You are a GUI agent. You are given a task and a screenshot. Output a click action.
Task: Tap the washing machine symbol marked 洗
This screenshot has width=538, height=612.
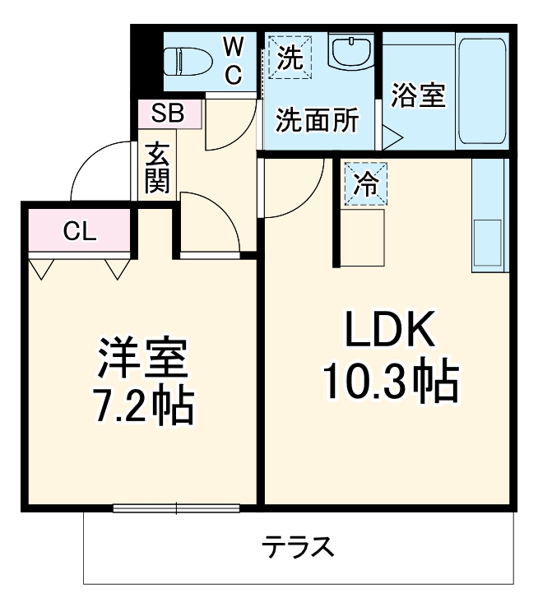click(x=289, y=57)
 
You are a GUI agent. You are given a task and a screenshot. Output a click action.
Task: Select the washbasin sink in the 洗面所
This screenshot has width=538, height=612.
click(x=350, y=52)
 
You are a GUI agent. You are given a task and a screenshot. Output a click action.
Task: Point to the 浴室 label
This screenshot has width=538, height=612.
click(x=417, y=95)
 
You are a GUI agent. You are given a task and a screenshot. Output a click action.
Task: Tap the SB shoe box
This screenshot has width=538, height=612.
click(x=168, y=114)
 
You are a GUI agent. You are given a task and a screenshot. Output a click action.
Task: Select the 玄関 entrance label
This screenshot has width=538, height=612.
click(x=157, y=169)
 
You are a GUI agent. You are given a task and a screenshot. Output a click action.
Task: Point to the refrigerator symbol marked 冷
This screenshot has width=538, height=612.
click(x=363, y=183)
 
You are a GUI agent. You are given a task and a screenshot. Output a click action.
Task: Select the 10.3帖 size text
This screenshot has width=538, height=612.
click(x=389, y=381)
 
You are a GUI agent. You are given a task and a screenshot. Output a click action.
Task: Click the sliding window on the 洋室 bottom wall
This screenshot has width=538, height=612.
click(x=177, y=508)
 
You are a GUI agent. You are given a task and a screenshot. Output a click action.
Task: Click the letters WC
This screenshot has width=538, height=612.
click(x=233, y=59)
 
